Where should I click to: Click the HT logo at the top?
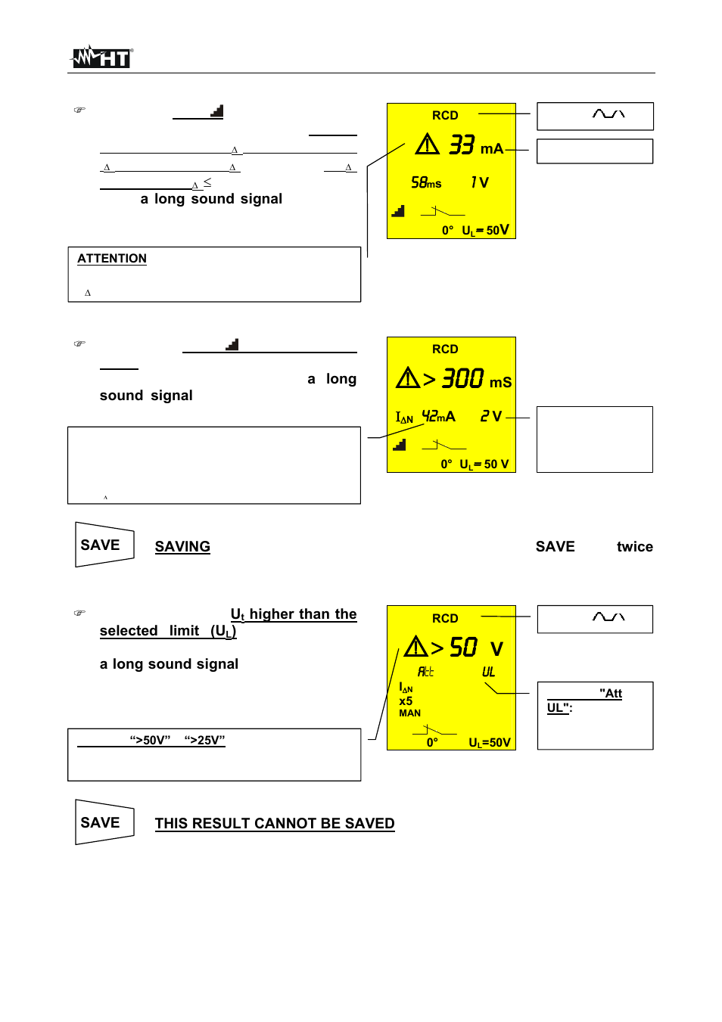click(x=101, y=57)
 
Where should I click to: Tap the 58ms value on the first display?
click(x=426, y=182)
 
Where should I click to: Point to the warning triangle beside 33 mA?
click(x=427, y=144)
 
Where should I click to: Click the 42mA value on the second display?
click(x=438, y=416)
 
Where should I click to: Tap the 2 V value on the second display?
click(x=490, y=416)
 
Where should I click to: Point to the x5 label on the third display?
click(x=406, y=701)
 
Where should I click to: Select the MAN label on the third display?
click(x=409, y=713)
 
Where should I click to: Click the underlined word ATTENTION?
click(x=112, y=259)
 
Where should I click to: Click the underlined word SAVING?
click(x=182, y=547)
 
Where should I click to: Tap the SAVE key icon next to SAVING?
click(x=104, y=545)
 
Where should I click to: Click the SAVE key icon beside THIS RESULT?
click(x=104, y=822)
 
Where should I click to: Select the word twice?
click(x=634, y=547)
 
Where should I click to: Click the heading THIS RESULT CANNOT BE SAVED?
click(x=275, y=824)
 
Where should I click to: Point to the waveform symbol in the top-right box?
click(x=608, y=114)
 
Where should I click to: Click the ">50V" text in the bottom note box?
click(x=150, y=741)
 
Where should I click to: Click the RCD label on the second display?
click(x=445, y=349)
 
